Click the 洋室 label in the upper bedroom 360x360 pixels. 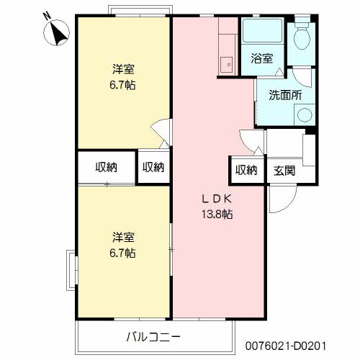[123, 70]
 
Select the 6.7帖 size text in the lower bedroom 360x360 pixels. [123, 253]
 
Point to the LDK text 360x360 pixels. [217, 198]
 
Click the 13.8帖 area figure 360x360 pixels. [217, 214]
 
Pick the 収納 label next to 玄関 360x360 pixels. [246, 170]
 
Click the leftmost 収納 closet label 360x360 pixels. [107, 167]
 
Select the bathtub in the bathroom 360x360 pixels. [261, 32]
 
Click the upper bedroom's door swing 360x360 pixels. [160, 133]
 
